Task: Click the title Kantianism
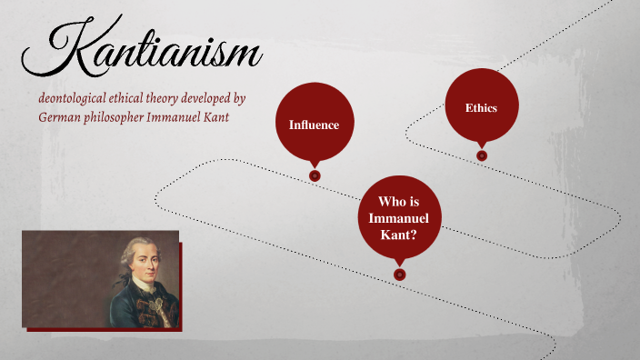click(x=141, y=51)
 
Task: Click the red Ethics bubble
click(x=481, y=107)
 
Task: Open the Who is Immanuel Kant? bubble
click(x=398, y=218)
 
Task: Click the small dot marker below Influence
click(x=315, y=175)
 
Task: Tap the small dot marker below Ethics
click(x=482, y=155)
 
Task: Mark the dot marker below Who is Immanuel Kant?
click(x=399, y=274)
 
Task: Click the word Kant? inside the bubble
click(x=398, y=235)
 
